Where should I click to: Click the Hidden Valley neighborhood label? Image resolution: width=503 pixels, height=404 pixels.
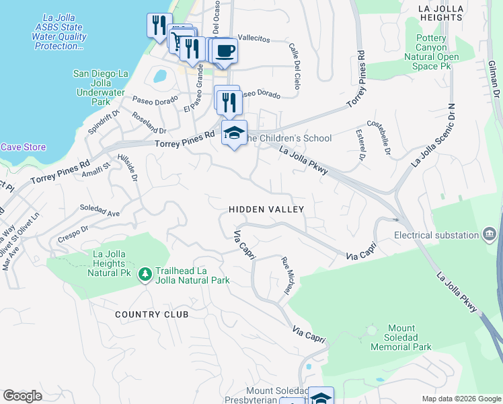266,209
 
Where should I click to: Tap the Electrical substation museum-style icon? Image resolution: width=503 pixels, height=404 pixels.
490,235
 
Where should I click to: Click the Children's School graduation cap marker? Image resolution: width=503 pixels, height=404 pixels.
234,133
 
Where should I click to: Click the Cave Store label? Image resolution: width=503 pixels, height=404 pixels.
23,147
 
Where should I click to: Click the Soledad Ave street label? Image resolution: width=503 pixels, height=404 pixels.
100,210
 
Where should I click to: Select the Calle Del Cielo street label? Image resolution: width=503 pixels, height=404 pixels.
294,67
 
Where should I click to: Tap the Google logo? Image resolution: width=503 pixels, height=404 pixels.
22,396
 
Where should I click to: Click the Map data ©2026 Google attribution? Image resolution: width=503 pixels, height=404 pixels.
461,399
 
